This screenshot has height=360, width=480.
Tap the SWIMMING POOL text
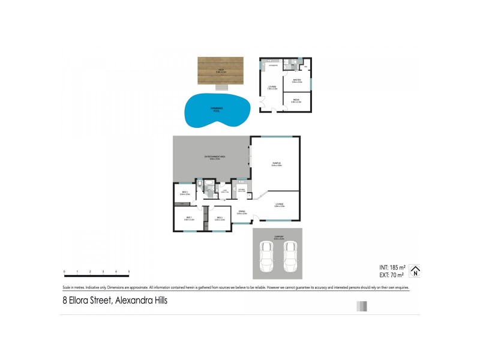click(x=217, y=109)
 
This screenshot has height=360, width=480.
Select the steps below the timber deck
click(x=221, y=88)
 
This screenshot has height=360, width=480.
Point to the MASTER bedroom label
click(x=296, y=80)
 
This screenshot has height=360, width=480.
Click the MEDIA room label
click(x=296, y=101)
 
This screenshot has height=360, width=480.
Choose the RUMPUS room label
click(x=276, y=164)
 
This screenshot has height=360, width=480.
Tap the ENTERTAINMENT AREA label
click(x=214, y=158)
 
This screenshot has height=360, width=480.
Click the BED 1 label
click(x=188, y=218)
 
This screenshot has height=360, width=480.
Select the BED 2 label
click(x=220, y=218)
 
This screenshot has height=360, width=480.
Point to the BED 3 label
click(x=185, y=193)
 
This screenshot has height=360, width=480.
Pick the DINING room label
click(x=242, y=212)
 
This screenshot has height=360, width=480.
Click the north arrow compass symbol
click(x=414, y=271)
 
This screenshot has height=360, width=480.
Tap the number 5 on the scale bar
click(x=129, y=272)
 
